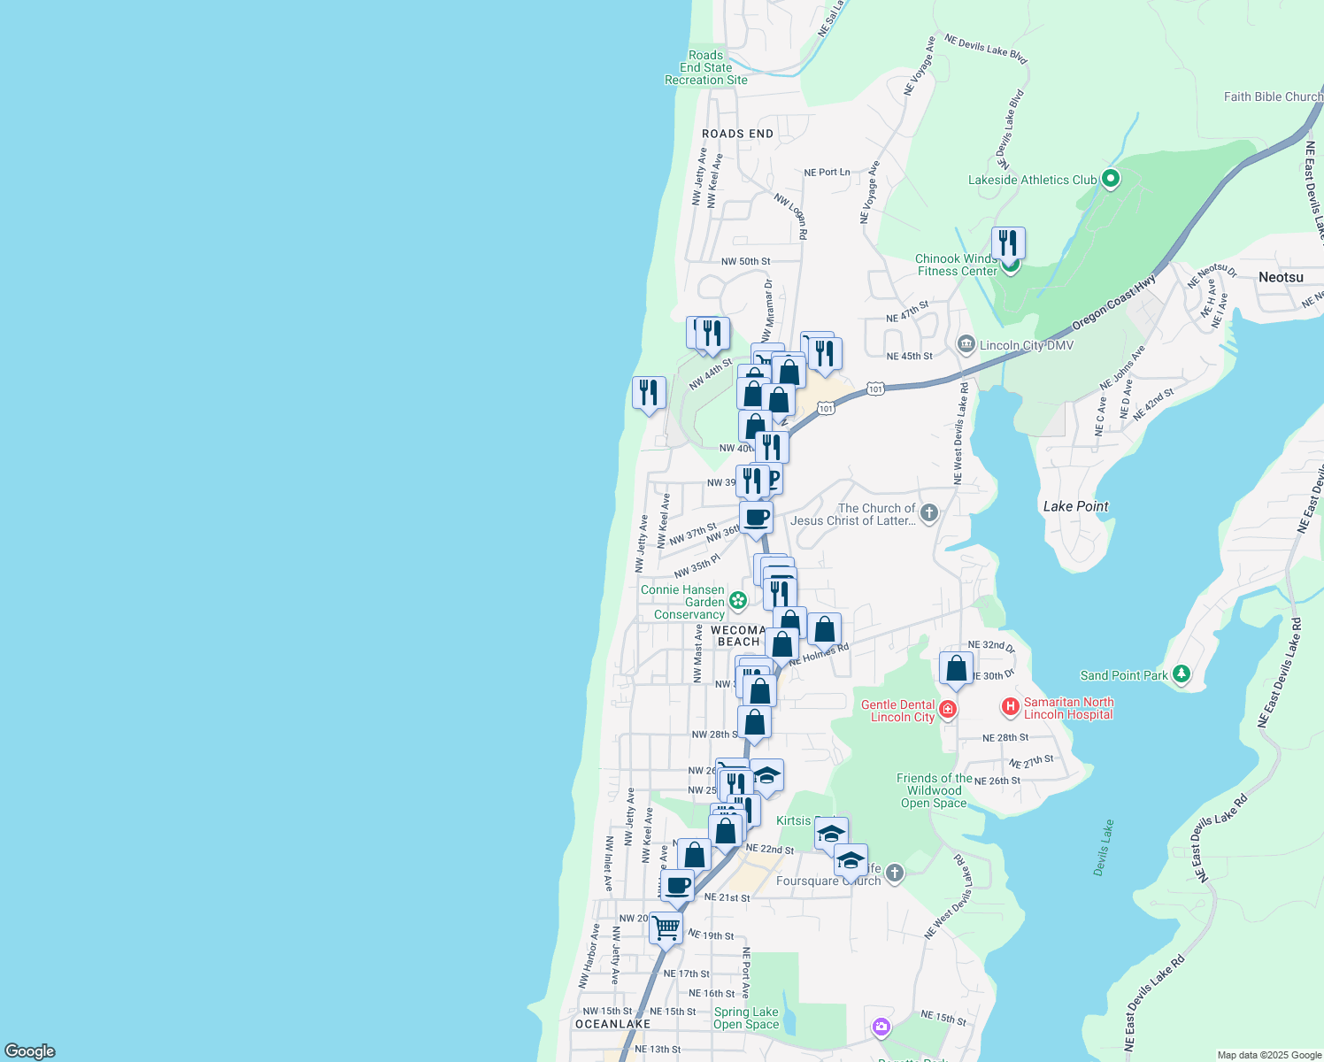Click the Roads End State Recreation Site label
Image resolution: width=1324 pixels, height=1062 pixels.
[706, 68]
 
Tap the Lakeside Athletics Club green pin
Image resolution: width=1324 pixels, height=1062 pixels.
[1110, 179]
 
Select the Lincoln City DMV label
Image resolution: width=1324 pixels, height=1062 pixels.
[1026, 345]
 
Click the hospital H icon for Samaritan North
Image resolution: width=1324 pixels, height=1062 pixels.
[1010, 707]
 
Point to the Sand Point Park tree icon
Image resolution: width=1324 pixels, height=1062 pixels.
[1181, 674]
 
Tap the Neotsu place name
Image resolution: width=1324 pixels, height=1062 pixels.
[1281, 278]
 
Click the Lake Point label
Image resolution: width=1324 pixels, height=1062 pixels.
[1075, 506]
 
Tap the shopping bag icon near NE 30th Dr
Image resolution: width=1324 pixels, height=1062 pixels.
[956, 668]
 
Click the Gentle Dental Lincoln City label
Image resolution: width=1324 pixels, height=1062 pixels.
[897, 711]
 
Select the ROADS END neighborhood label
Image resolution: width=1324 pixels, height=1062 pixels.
[737, 134]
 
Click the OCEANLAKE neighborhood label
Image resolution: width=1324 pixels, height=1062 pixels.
[612, 1024]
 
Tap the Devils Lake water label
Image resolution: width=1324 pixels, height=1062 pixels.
[1104, 847]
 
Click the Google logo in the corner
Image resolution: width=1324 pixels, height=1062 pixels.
[30, 1050]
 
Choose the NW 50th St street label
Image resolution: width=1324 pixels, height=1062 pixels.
[745, 262]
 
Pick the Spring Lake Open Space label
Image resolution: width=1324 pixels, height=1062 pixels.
[746, 1018]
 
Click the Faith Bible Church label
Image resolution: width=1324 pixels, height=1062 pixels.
[1273, 96]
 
